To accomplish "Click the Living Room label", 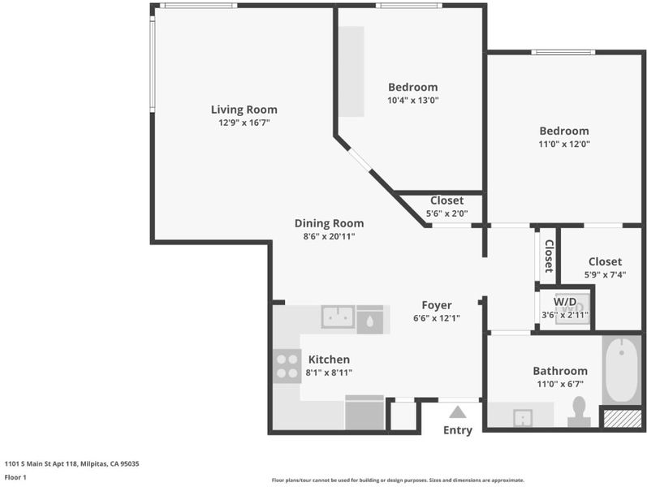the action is coord(244,110).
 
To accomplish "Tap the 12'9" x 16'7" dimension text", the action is coord(244,123).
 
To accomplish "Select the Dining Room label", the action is coord(329,223).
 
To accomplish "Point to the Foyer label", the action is coord(437,305).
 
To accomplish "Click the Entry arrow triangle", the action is coord(458,412).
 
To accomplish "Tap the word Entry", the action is coord(458,430).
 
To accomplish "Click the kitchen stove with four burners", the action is coord(287,366).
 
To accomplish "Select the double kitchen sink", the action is coord(338,317).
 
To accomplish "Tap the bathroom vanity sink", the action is coord(522,418).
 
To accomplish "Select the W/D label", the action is coord(565,301).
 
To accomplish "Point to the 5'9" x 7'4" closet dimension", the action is coord(605,274).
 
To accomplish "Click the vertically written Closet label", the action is coord(549,256).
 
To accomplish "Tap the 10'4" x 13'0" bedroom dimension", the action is coord(412,100).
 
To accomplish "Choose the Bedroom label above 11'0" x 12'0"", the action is coord(564,131).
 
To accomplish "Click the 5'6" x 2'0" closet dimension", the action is coord(446,213).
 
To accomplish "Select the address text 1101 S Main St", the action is coord(27,463).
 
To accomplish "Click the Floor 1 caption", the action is coord(15,477).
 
